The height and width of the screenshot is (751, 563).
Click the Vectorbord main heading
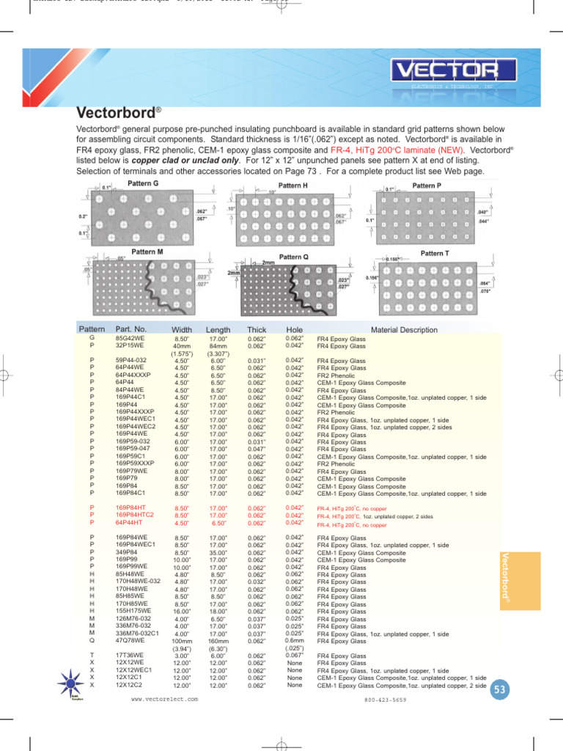point(118,113)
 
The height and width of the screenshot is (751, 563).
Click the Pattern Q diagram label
point(294,257)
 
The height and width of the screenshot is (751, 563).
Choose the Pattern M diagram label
point(147,252)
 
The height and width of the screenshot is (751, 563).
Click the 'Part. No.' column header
point(131,329)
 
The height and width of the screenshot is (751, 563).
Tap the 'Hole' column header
point(295,330)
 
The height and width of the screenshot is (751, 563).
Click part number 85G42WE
point(130,338)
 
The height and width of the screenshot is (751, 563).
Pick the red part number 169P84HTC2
point(135,516)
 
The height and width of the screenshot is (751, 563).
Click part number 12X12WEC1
point(134,670)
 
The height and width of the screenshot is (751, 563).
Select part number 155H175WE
point(134,611)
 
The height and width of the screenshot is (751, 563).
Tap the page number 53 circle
point(501,689)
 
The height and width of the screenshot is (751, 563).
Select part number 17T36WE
point(130,656)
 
